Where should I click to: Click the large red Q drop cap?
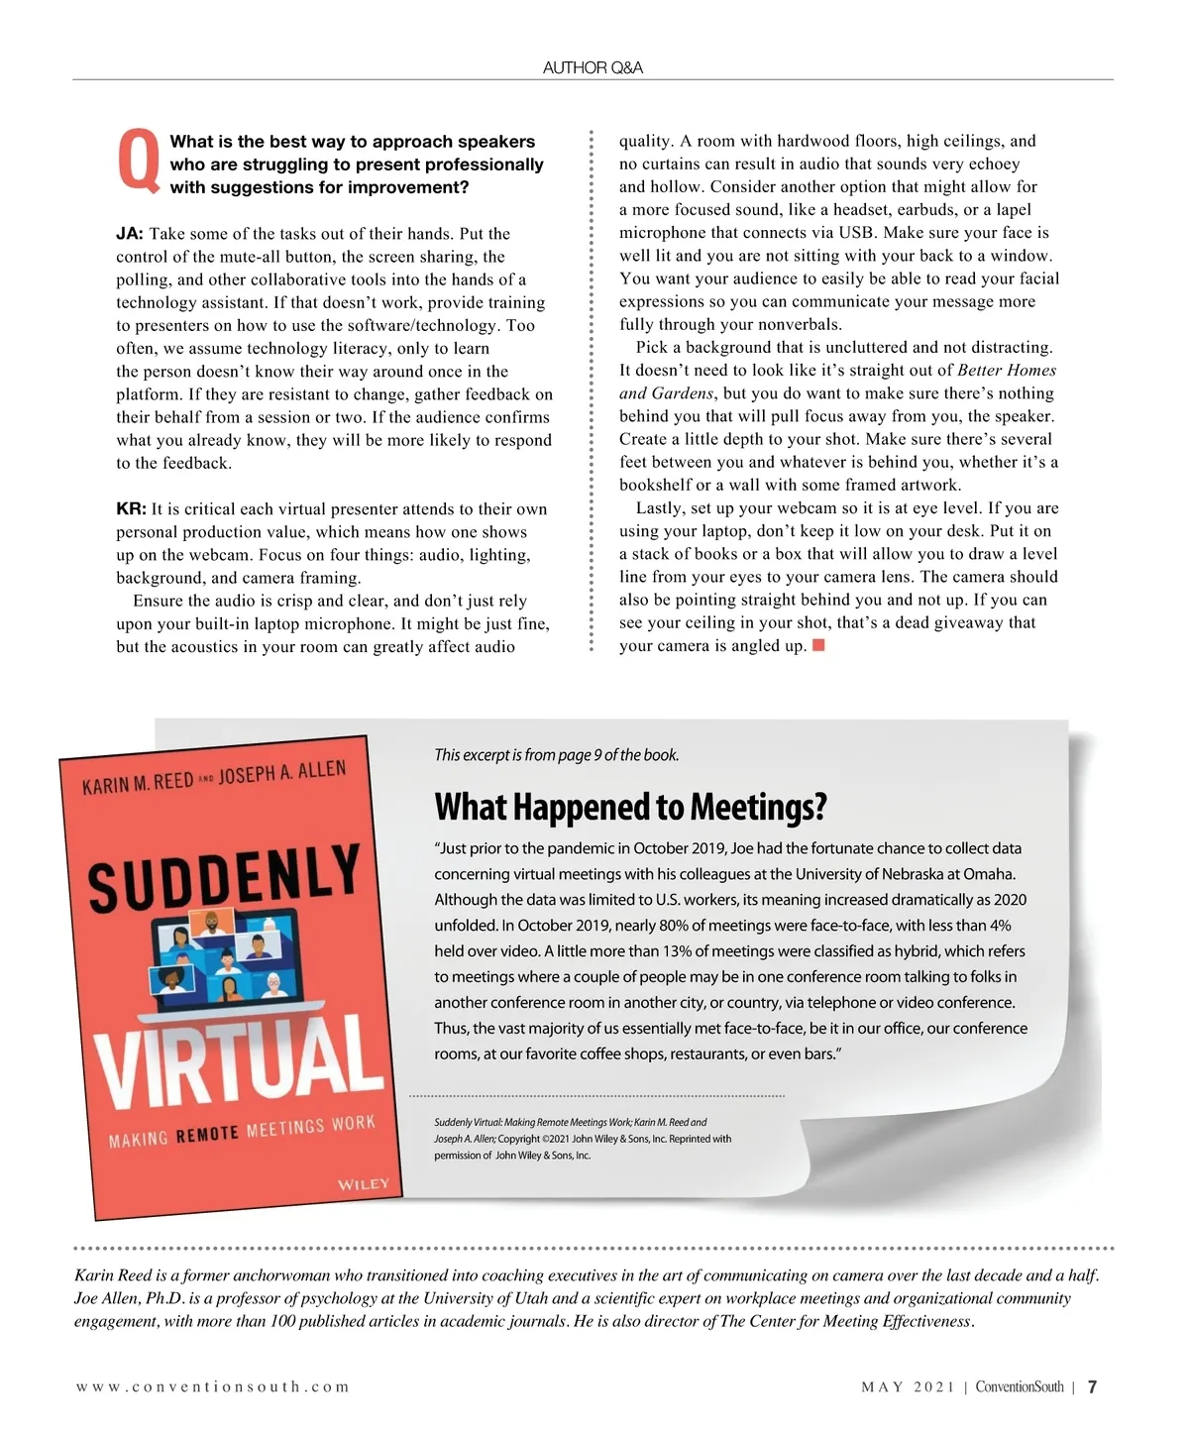[x=138, y=161]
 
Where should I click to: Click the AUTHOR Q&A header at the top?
[x=593, y=67]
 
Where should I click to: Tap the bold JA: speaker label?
[x=130, y=234]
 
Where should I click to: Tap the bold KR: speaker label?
[x=131, y=509]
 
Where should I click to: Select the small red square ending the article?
[x=818, y=646]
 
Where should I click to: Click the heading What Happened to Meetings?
[x=630, y=808]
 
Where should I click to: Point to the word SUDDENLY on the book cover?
[x=224, y=876]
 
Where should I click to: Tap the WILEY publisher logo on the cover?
[x=364, y=1184]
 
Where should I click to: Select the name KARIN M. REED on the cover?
[x=138, y=784]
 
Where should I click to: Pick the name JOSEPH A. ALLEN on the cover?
[x=282, y=773]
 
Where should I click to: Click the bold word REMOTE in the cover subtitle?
[x=207, y=1134]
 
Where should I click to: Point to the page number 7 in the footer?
[x=1092, y=1386]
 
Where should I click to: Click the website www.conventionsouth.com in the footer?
[x=213, y=1386]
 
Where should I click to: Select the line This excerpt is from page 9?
[x=556, y=755]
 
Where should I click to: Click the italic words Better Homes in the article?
[x=1007, y=371]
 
